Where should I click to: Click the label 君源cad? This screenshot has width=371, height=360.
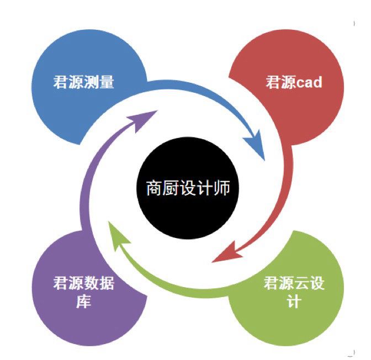(294, 83)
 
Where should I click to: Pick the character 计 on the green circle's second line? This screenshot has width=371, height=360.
(294, 302)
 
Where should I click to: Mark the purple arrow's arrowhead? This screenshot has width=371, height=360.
(145, 117)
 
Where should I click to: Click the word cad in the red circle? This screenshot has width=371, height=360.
(309, 83)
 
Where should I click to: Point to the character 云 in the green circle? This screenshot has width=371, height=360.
(301, 285)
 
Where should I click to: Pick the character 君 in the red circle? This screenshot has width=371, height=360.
(273, 83)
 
